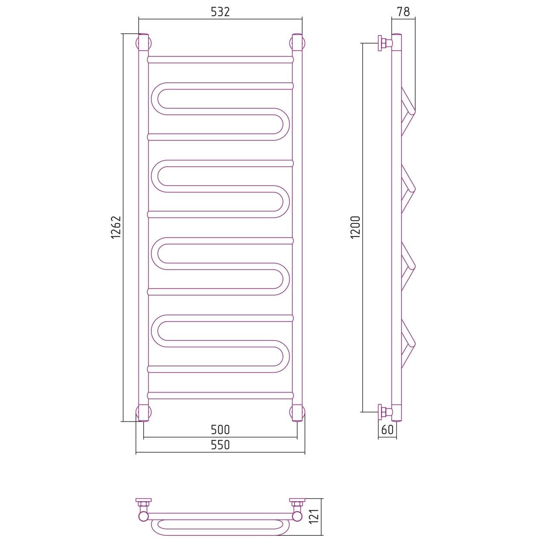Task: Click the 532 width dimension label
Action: point(220,12)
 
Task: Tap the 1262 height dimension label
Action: point(116,227)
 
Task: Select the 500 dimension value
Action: point(220,430)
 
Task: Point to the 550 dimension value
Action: point(220,444)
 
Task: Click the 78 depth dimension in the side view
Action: point(403,12)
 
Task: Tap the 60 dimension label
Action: point(387,430)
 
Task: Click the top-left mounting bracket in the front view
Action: point(143,43)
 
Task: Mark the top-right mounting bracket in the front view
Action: point(297,43)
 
